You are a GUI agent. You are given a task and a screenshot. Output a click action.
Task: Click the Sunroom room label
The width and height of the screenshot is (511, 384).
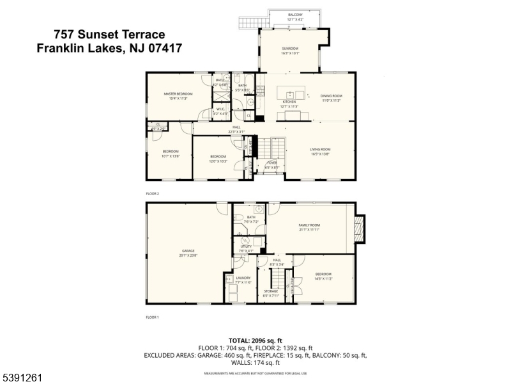pos(291,51)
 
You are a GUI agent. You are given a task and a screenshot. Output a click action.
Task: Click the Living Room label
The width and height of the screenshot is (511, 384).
pos(320,152)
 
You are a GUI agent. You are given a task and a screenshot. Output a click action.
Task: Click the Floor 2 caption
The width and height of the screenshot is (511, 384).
pos(152,193)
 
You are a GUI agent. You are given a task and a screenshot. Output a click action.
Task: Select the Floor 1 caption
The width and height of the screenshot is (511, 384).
pos(152,317)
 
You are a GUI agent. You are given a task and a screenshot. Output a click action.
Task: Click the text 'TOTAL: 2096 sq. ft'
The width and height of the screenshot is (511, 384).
pos(255,340)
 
